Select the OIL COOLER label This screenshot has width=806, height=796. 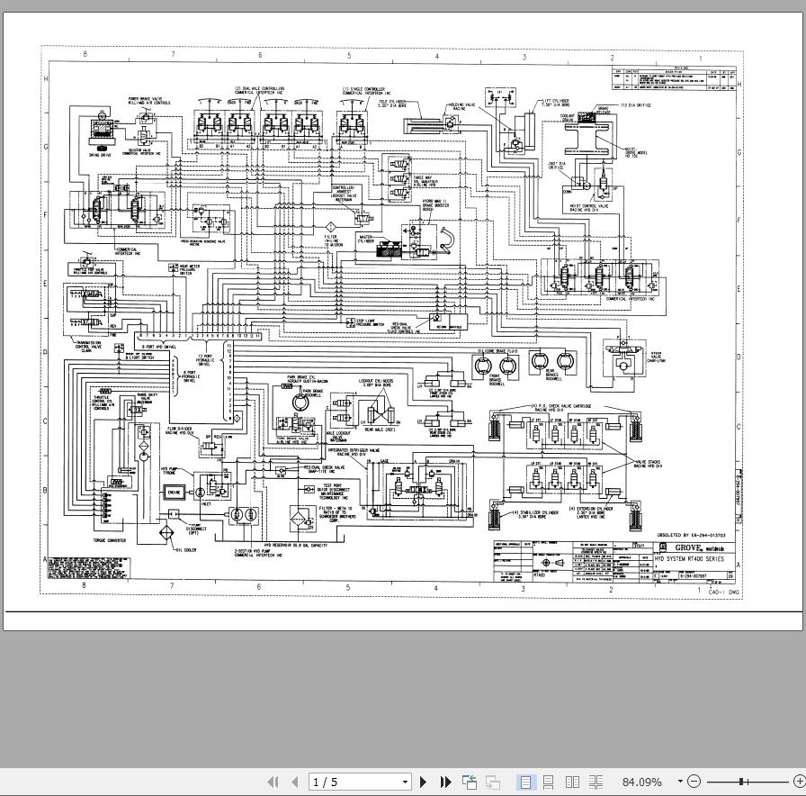pyautogui.click(x=186, y=549)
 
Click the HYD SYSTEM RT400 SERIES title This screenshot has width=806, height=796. pyautogui.click(x=688, y=558)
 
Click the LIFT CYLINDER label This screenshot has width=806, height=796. pyautogui.click(x=552, y=104)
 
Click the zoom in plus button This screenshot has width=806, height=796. pyautogui.click(x=799, y=782)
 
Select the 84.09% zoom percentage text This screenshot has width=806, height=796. pyautogui.click(x=641, y=782)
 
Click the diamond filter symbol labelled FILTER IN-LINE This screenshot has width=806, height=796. pyautogui.click(x=330, y=225)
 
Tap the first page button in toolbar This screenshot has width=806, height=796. pyautogui.click(x=273, y=782)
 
